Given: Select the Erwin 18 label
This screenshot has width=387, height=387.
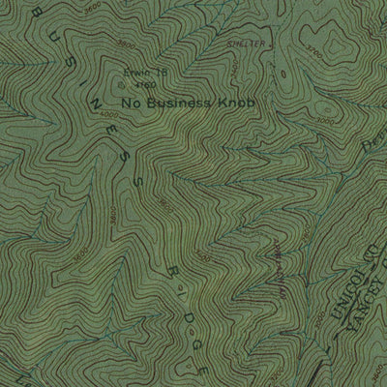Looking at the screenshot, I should (140, 73).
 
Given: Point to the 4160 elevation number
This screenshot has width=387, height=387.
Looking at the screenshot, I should (145, 84).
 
